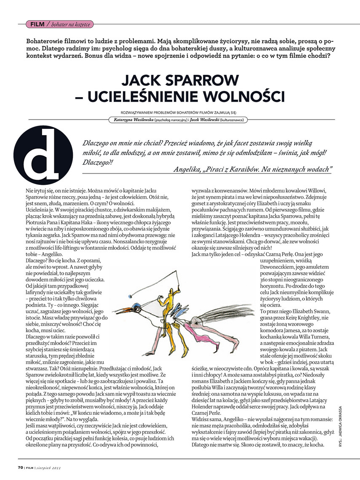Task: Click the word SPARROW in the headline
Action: click(197, 80)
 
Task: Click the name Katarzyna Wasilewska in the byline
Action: click(131, 120)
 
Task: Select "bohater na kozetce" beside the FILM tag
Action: click(70, 24)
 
